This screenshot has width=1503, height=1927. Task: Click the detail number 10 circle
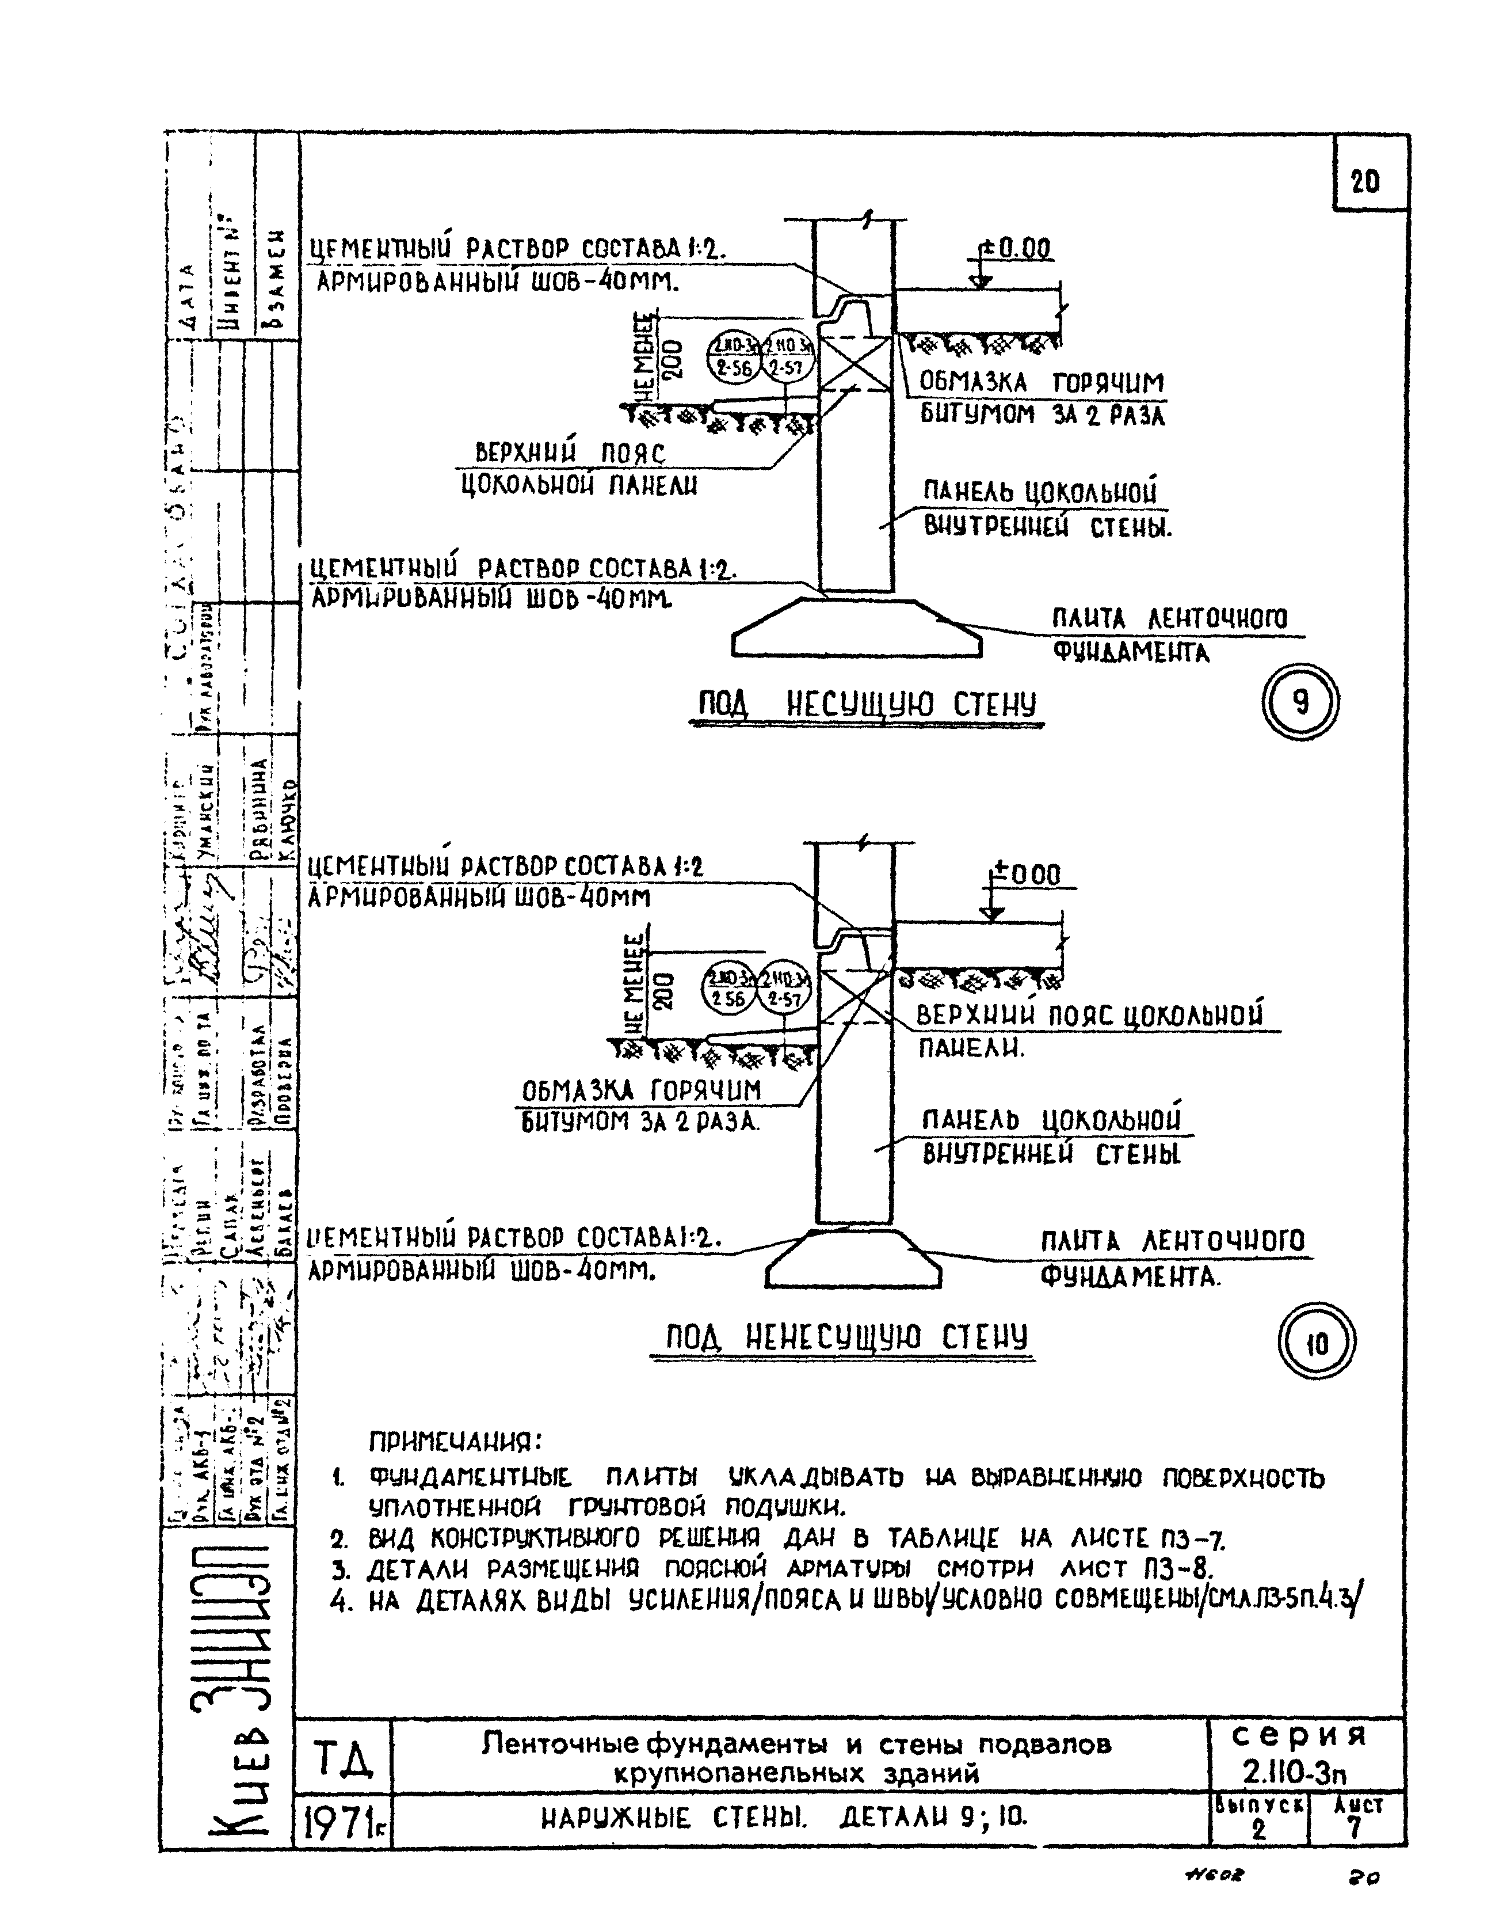click(1316, 1345)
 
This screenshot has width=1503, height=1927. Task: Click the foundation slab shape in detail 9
click(856, 631)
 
